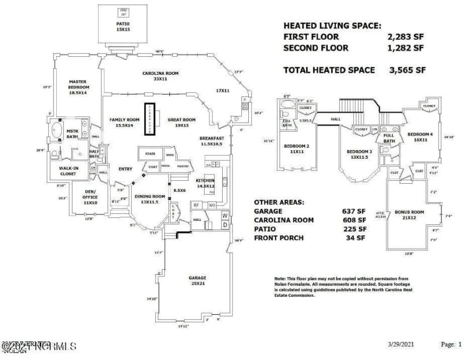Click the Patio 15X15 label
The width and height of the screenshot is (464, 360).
pos(123,27)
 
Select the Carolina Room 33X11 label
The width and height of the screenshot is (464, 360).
pos(160,77)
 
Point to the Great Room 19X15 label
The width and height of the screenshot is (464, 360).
pos(182,122)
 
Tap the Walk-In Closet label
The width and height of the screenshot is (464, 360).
pos(68,170)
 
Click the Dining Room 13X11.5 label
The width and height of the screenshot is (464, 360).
pos(150,199)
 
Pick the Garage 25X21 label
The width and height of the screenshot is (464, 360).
pos(197,281)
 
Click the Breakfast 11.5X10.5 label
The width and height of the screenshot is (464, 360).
pos(211,140)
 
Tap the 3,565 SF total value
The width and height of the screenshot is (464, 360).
pos(408,70)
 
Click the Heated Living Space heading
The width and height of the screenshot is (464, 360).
pos(332,26)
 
